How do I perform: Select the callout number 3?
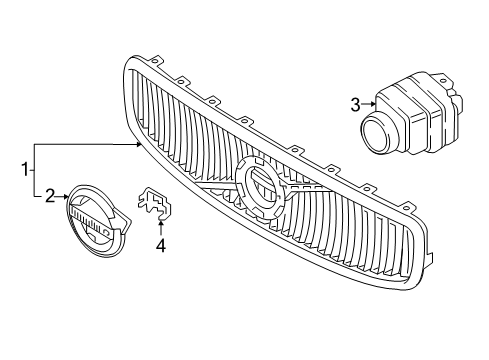[355, 102]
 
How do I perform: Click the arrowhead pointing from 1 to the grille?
[140, 145]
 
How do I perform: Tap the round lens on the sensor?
[378, 132]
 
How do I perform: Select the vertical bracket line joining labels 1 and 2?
[35, 171]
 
